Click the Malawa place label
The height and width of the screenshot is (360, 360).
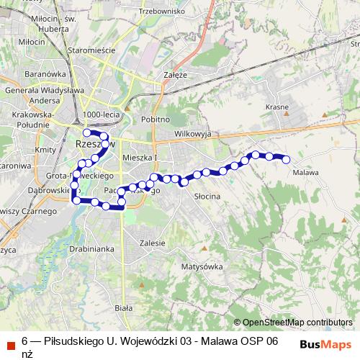point(306,172)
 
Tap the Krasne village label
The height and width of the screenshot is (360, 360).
point(276,107)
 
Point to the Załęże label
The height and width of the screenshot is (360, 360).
point(175,74)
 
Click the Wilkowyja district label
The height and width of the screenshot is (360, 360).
point(191,134)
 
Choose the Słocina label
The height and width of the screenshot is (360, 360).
point(207,195)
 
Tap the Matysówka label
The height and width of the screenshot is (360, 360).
point(202,266)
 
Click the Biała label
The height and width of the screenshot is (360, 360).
point(124,307)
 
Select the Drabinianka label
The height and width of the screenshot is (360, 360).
point(91,248)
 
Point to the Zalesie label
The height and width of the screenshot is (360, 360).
point(153,243)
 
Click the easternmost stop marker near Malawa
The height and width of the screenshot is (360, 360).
point(286,160)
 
